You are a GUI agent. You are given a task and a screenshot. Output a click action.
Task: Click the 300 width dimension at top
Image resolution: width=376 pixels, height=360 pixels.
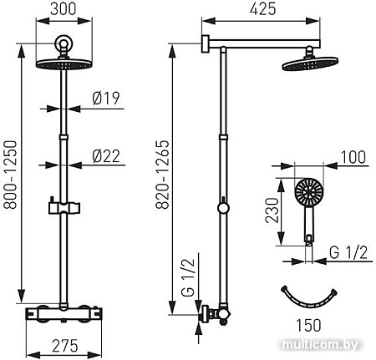click(x=64, y=11)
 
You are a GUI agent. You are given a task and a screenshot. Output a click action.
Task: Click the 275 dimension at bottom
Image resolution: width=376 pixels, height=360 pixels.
click(x=64, y=344)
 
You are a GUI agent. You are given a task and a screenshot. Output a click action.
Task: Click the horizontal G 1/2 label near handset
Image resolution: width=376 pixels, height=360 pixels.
click(x=343, y=251)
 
